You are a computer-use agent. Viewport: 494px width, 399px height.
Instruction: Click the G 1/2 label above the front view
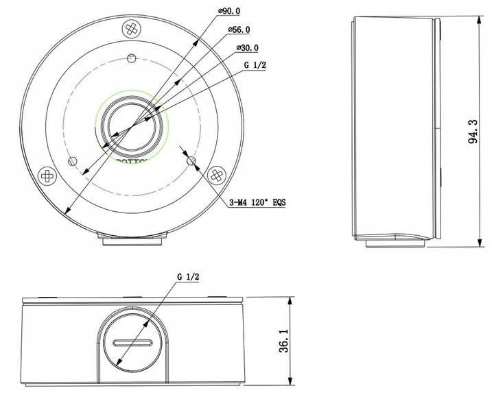coord(188,276)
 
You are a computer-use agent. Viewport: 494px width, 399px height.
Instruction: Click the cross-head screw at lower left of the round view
coord(47,175)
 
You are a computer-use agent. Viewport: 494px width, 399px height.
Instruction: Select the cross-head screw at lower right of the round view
coord(216,174)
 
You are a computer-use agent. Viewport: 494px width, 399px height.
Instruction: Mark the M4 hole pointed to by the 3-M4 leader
coord(191,161)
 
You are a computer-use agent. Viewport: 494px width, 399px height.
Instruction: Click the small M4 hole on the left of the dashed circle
coord(73,161)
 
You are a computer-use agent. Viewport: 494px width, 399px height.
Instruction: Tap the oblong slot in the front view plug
coord(132,343)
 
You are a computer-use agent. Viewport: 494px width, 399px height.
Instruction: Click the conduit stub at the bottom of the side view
coord(395,239)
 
